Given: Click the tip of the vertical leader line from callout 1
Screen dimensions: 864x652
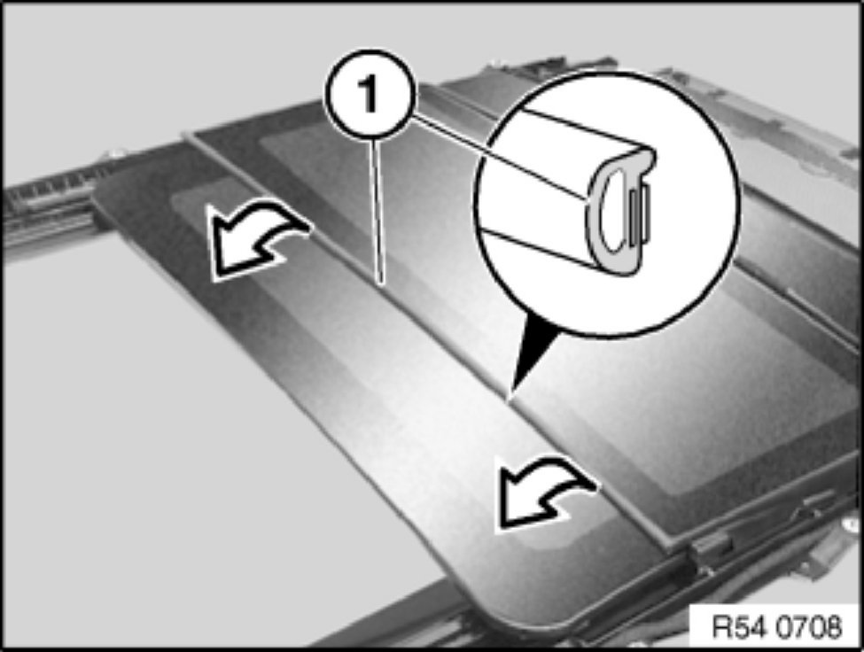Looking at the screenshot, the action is click(380, 283).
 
